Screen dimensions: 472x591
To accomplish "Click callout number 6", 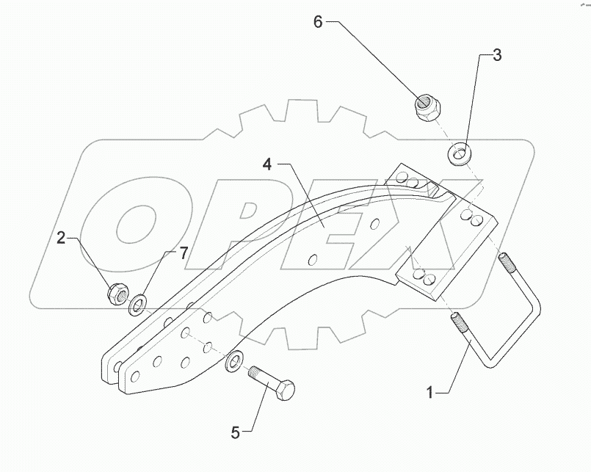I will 318,22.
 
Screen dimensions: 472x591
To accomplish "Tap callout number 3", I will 497,55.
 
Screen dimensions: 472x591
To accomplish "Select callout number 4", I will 267,164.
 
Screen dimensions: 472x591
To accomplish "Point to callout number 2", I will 62,237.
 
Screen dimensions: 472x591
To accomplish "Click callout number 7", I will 184,253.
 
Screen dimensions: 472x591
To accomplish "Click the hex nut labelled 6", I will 425,109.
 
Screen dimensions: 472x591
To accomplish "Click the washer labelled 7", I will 138,302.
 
